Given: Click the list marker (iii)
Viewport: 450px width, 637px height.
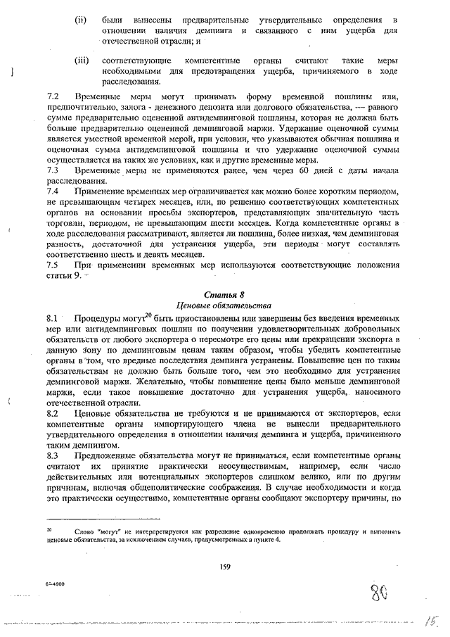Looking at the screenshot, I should point(82,61).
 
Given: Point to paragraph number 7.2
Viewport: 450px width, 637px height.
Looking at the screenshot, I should point(52,94).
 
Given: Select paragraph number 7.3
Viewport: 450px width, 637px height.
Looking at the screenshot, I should point(52,170).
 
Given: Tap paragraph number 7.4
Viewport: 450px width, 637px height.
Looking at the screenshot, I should point(52,191).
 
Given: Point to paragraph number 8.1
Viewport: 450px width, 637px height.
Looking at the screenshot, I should point(52,318).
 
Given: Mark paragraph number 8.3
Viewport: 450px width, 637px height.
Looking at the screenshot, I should point(52,456).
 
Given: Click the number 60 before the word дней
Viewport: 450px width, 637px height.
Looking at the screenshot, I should point(303,170).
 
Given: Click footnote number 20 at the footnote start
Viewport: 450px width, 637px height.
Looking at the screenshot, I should point(50,527).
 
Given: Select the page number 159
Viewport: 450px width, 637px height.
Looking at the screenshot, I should point(225,567).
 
